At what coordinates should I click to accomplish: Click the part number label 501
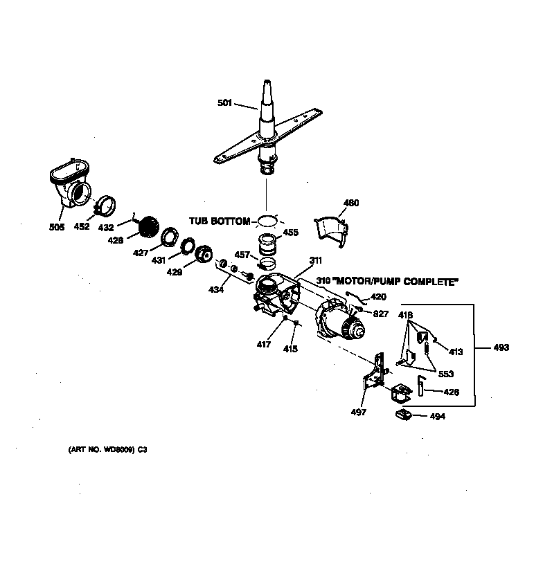point(226,103)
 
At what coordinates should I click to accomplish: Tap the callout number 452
point(82,226)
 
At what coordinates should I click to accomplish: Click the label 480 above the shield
point(352,203)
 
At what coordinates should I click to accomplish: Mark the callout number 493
point(501,347)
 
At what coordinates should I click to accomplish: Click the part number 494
point(438,417)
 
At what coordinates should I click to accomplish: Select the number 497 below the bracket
point(358,412)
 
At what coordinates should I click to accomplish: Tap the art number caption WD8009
point(107,449)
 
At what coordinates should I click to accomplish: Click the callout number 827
point(380,314)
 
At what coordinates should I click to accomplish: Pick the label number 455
point(291,233)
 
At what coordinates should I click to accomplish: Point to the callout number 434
point(217,289)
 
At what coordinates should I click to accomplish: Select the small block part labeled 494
point(404,415)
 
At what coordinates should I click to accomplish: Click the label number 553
point(445,374)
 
